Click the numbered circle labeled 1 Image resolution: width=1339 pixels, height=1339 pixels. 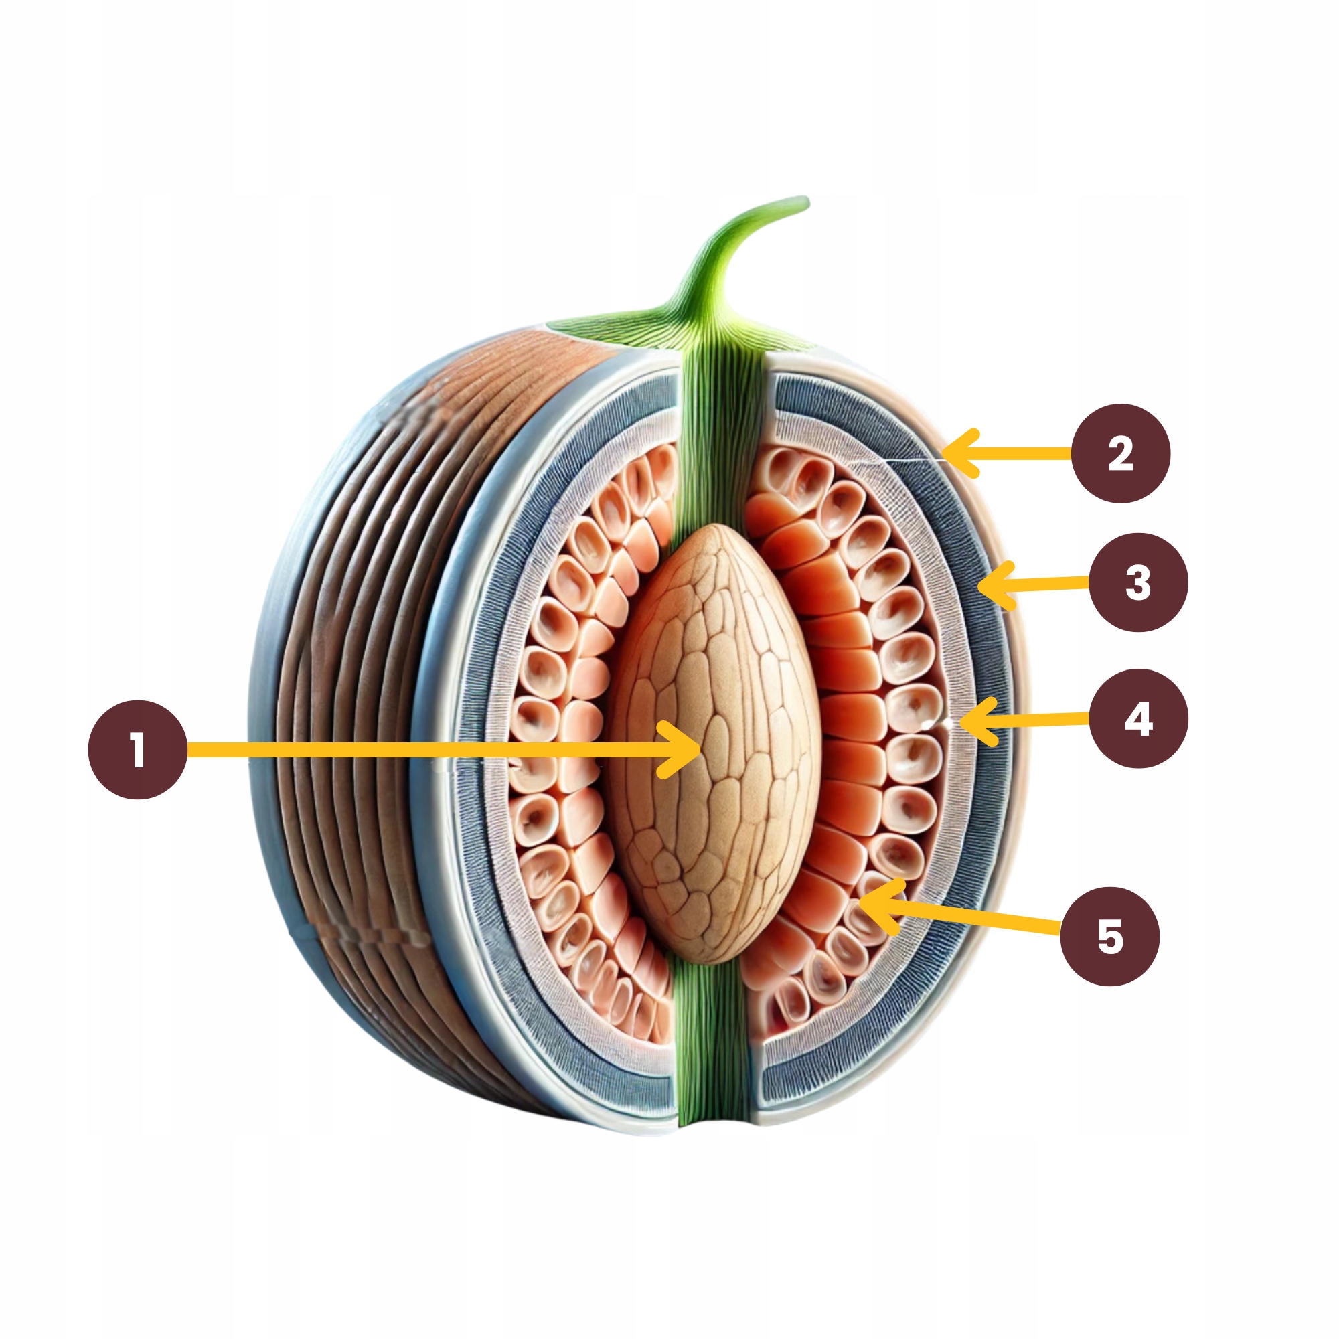coord(138,750)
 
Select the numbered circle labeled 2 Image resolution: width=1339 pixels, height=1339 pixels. coord(1121,454)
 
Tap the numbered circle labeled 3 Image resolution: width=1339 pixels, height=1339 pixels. coord(1138,582)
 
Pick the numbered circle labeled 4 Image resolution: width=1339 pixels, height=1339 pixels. coord(1138,718)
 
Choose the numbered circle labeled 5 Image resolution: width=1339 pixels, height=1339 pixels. coord(1109,937)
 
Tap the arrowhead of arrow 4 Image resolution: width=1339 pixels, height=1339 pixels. coord(965,722)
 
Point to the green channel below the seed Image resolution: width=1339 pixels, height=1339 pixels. coord(712,1040)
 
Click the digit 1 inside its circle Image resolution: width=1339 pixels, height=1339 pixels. coord(138,750)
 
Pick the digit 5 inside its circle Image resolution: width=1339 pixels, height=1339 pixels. coord(1109,937)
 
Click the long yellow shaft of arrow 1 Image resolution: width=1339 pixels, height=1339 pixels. coord(416,750)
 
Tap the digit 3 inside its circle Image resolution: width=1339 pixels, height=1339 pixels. coord(1138,582)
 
